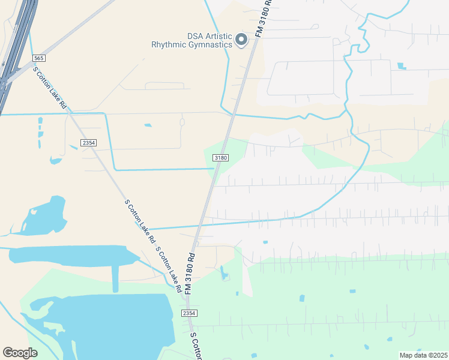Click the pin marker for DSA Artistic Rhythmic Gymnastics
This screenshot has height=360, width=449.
point(241,40)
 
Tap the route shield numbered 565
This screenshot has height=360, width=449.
point(39,58)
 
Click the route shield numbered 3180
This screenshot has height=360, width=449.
point(221,158)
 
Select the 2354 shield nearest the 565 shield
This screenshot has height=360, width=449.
point(88,142)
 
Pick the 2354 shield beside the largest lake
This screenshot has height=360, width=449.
point(188,313)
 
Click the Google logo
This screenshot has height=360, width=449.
point(20,352)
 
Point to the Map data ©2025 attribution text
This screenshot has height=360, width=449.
point(423,355)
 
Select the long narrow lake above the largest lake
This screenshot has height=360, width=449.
point(72,255)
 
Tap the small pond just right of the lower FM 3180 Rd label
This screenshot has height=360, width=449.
point(224,274)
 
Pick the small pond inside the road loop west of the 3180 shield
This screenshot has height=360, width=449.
point(148,125)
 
